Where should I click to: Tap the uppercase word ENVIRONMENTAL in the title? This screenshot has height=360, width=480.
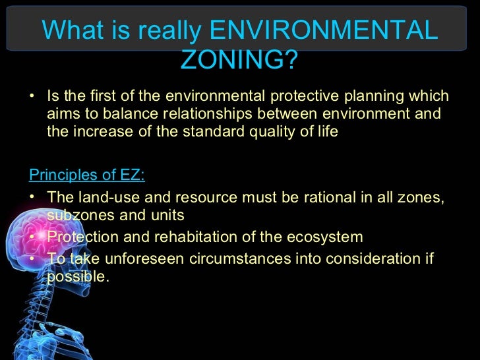pyautogui.click(x=323, y=30)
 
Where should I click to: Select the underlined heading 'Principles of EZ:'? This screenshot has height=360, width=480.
pyautogui.click(x=88, y=175)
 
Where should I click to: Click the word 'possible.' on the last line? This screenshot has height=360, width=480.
pyautogui.click(x=76, y=276)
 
